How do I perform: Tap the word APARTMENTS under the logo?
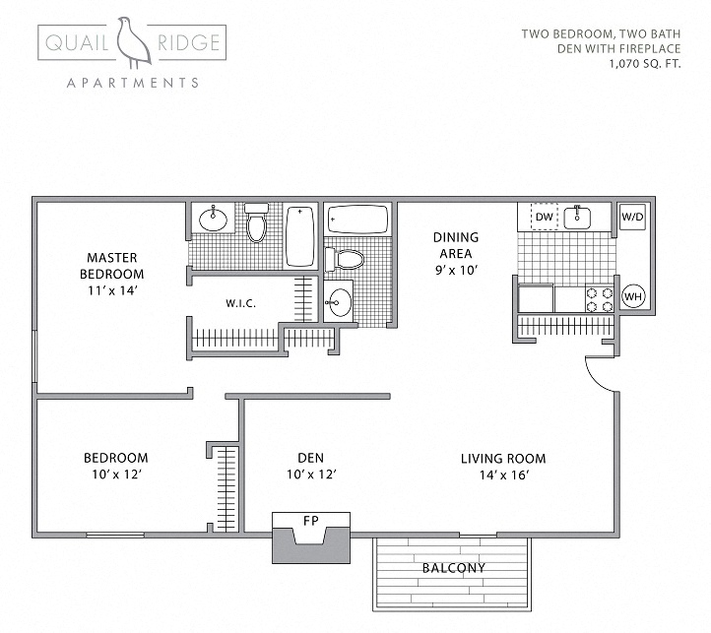[132, 83]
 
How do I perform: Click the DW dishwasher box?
[544, 218]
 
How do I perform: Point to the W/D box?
[631, 218]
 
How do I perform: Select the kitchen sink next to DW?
[577, 217]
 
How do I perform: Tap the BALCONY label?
[452, 568]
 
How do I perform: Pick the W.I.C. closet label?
[240, 303]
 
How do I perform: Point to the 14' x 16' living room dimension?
[503, 475]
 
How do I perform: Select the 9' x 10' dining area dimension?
[454, 270]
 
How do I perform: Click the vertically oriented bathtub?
[299, 236]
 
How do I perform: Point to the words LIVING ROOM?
[503, 458]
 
